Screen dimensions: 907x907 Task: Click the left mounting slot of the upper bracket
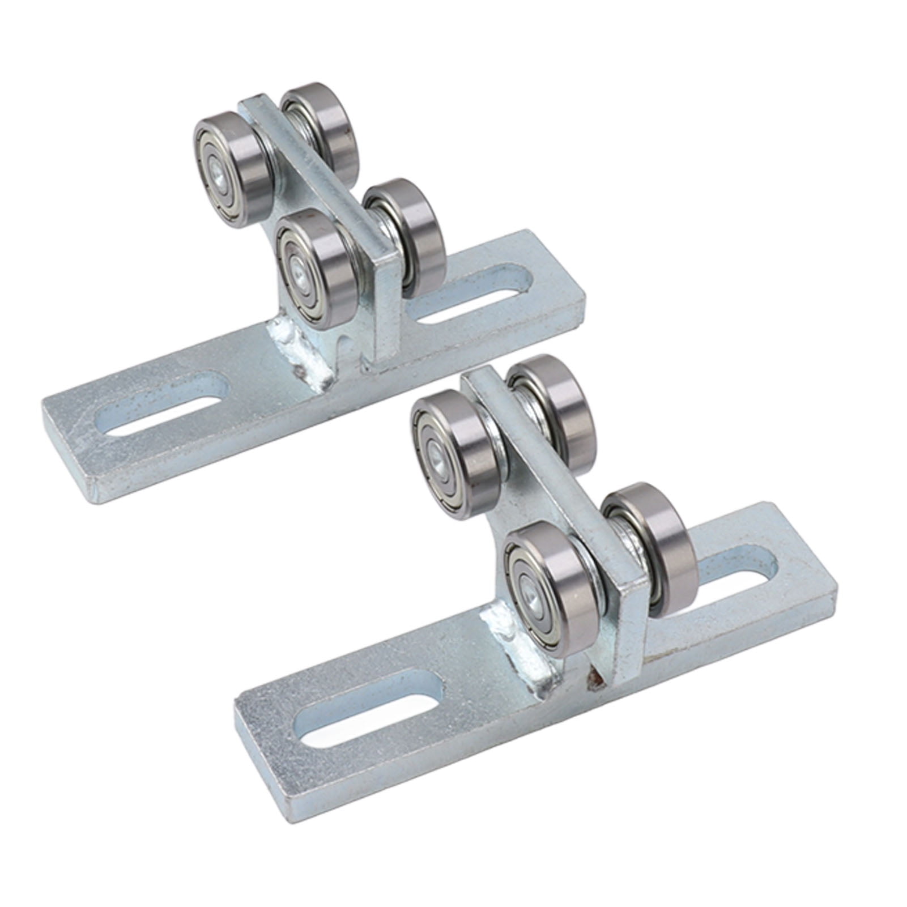tap(164, 419)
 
